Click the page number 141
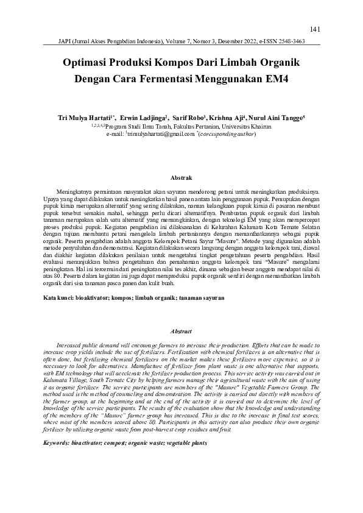[x=315, y=29]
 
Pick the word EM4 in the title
[x=275, y=79]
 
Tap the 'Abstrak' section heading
[x=181, y=177]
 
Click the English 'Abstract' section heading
[x=181, y=331]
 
